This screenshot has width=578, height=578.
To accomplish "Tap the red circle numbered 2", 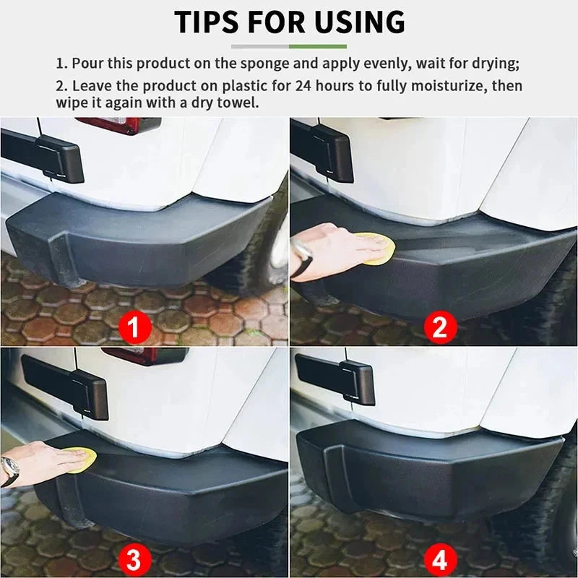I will [x=440, y=329].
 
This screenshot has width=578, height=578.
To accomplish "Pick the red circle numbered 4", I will [x=440, y=558].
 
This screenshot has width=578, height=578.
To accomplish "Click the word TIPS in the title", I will [x=209, y=22].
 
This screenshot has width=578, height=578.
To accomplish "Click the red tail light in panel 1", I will [x=119, y=124].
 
